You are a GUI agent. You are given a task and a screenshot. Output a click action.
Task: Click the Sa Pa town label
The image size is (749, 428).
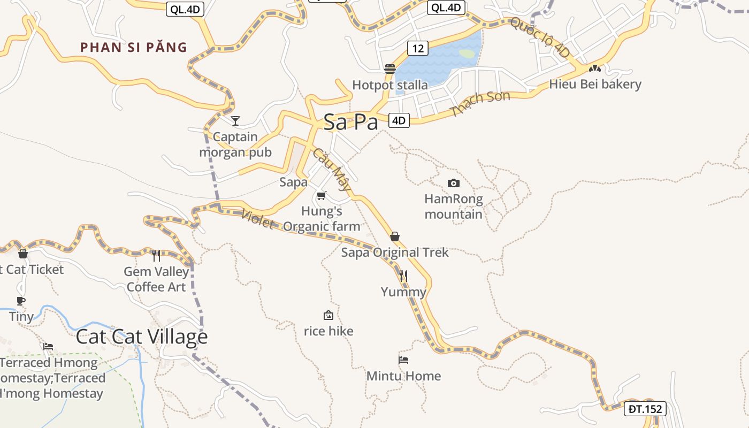point(350,122)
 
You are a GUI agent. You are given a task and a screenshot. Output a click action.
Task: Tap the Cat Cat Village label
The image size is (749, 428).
point(141,337)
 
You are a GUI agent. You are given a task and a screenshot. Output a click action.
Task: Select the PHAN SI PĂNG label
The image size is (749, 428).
point(134,48)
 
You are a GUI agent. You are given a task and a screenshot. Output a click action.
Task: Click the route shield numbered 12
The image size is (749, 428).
point(417,48)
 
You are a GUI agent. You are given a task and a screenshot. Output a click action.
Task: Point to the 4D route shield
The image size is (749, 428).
point(399,120)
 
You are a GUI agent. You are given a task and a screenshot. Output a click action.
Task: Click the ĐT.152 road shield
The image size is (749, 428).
point(645,409)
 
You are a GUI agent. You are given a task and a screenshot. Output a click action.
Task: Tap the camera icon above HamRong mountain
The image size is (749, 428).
point(453,184)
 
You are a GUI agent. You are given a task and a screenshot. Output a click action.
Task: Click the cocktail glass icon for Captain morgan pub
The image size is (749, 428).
point(235,120)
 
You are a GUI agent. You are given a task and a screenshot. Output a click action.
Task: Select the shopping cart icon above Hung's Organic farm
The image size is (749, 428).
point(321,195)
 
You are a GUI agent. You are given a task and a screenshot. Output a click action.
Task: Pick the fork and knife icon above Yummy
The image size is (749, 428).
point(403,276)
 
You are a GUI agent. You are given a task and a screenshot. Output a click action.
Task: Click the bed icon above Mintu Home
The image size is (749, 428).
point(403,360)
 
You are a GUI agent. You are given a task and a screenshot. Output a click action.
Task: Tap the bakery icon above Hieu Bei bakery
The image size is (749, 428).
point(594,68)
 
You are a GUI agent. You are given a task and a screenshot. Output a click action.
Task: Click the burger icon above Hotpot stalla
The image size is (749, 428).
point(389,69)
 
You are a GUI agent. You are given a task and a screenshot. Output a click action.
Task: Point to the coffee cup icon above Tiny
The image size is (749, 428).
point(21,301)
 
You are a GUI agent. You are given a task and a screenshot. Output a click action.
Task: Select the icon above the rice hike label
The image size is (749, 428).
point(328,315)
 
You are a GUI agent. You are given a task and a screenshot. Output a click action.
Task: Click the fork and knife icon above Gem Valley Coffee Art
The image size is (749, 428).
point(156,255)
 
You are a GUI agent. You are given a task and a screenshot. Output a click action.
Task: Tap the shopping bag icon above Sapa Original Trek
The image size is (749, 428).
point(395,236)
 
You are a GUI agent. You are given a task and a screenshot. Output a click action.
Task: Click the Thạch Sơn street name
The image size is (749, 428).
point(480,103)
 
